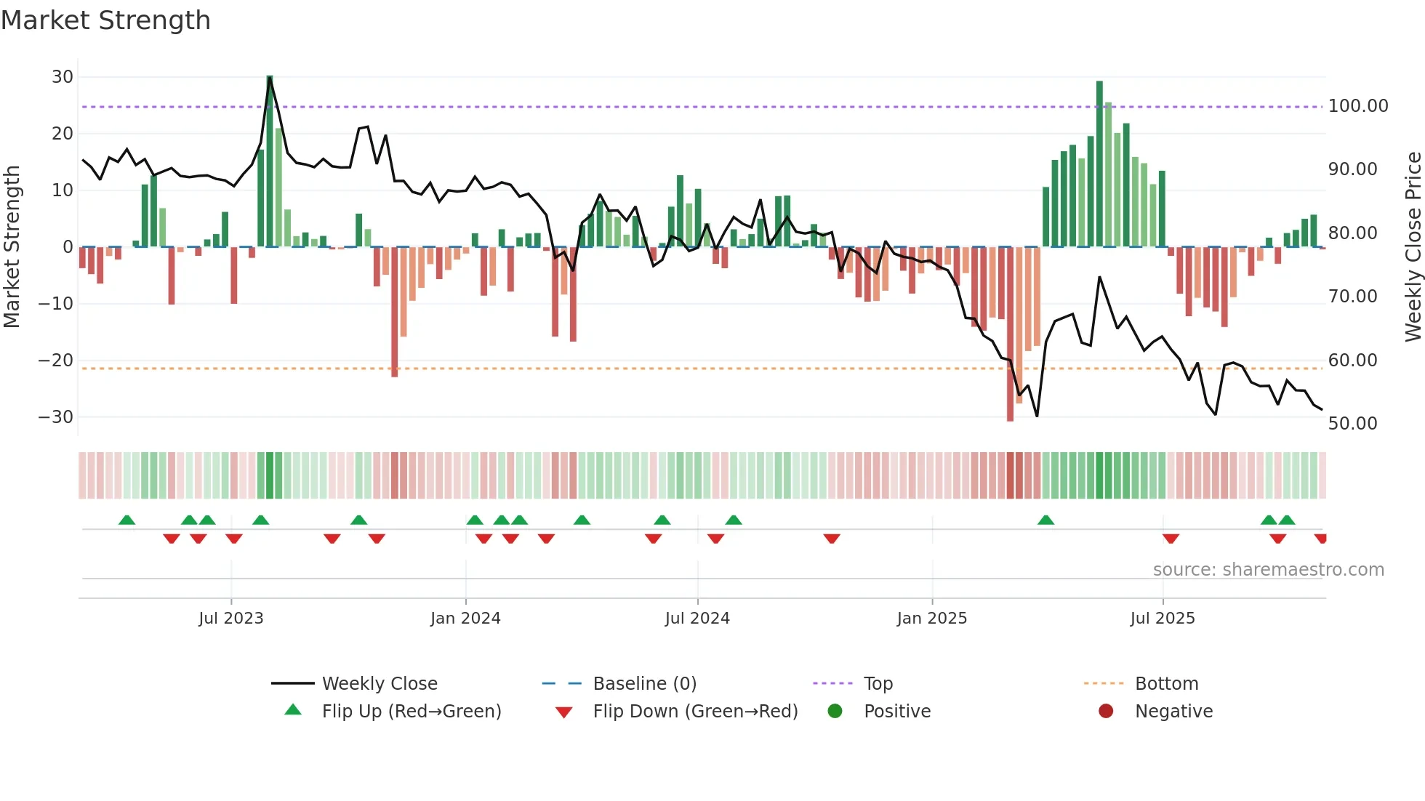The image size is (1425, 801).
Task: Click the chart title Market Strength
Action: click(105, 20)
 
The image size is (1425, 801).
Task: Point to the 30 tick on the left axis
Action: click(63, 77)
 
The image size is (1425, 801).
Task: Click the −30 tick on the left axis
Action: click(56, 417)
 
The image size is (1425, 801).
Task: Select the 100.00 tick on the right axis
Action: click(1357, 106)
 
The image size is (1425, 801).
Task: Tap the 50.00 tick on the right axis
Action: click(1352, 424)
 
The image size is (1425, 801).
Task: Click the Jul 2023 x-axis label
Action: click(230, 619)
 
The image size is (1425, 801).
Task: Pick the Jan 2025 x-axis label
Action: click(931, 619)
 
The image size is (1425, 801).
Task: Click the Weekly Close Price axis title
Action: click(1413, 246)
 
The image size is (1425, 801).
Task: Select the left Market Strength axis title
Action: click(12, 246)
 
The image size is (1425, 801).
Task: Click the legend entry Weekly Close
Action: click(379, 684)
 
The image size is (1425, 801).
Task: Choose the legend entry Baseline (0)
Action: click(644, 684)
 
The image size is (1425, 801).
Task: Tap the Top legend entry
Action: click(878, 684)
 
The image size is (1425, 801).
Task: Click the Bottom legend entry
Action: click(1166, 684)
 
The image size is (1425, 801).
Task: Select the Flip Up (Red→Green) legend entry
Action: click(411, 712)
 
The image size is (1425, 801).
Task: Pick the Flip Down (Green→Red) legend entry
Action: click(694, 712)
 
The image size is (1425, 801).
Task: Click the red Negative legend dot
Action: click(1106, 712)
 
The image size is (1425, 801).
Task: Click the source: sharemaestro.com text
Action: click(1268, 570)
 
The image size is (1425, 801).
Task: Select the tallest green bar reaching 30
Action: click(270, 160)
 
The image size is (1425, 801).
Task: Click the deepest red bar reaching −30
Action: click(1010, 334)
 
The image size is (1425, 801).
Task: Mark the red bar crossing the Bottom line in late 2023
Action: click(394, 313)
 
